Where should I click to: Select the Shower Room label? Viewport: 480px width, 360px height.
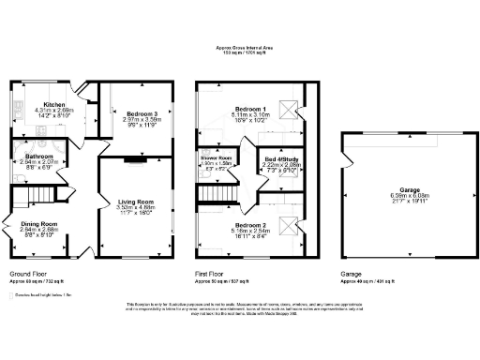217,159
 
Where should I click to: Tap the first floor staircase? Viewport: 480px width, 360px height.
215,195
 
